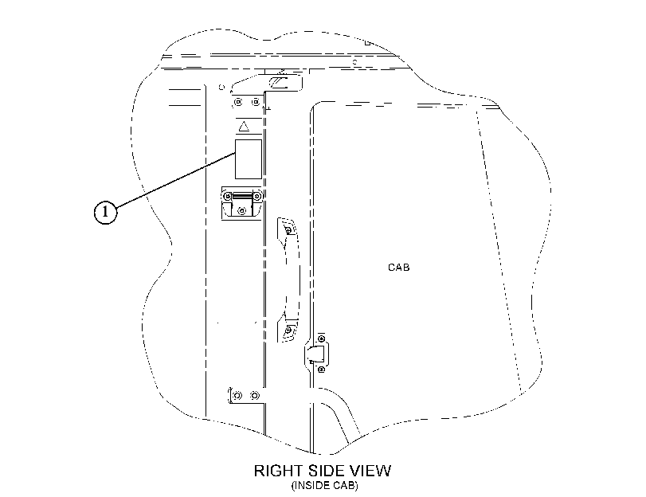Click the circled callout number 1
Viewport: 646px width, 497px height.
click(x=105, y=212)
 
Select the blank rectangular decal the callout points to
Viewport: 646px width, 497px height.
click(x=249, y=159)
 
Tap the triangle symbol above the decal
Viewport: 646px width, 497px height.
click(x=244, y=126)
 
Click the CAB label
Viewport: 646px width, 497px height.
click(x=399, y=268)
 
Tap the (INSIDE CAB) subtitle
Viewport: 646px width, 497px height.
click(x=325, y=486)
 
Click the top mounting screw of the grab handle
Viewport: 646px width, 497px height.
click(x=289, y=229)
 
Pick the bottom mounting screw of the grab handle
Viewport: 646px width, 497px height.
click(x=289, y=330)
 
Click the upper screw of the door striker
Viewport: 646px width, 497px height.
click(x=322, y=339)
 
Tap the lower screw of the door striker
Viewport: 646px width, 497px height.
click(x=322, y=370)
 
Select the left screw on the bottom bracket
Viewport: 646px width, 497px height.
click(x=237, y=396)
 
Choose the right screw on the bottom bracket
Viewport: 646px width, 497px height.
click(x=255, y=396)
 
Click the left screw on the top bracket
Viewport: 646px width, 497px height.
click(x=238, y=101)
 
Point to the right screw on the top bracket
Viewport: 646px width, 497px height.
click(x=256, y=101)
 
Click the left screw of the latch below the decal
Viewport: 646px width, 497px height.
click(x=228, y=196)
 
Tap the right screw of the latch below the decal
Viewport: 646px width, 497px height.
click(x=257, y=196)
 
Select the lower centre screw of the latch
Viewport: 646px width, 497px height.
click(x=242, y=211)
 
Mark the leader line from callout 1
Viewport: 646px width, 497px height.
click(x=175, y=180)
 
